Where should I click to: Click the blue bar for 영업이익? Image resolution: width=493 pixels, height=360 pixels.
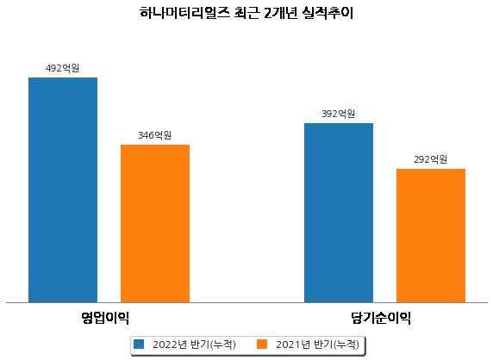point(63,190)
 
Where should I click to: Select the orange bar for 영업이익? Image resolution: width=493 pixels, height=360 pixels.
point(155,224)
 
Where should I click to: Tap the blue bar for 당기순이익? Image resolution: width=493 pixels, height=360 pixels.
point(339,213)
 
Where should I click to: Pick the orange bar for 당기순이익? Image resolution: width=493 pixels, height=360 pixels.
point(431,236)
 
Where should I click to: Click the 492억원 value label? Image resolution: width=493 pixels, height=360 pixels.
point(62,68)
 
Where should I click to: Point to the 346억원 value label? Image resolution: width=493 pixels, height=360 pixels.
point(154,135)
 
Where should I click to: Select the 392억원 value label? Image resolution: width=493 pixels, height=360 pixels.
point(339,114)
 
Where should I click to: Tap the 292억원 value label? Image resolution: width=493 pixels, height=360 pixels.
point(430,159)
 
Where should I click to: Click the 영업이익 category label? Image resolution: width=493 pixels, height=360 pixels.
point(105,318)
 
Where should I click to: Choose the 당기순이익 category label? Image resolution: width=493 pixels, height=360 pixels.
point(381,318)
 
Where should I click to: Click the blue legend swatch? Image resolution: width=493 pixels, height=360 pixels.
point(139,344)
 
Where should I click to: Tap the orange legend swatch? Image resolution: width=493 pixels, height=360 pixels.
point(262,344)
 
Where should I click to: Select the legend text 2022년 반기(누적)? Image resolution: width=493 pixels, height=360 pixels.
point(194,344)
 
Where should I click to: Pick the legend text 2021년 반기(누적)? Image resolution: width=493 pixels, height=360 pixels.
point(317,344)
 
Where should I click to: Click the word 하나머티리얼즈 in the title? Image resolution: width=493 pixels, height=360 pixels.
point(184,13)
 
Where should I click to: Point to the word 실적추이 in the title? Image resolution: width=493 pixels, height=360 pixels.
point(328,13)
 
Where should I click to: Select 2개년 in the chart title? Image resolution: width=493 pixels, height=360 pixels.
point(280,13)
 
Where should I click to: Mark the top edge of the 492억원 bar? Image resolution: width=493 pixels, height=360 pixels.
point(63,78)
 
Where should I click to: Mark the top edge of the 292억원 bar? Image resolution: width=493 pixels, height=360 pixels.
point(431,169)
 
